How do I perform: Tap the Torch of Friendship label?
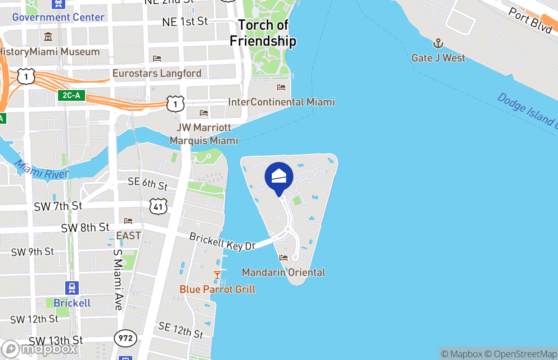(263, 33)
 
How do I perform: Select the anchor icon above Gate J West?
(438, 44)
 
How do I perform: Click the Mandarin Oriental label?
(283, 272)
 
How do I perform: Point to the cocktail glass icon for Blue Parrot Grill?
(217, 274)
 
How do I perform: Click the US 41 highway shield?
(159, 206)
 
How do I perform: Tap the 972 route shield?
(125, 338)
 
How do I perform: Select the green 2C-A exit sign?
(72, 95)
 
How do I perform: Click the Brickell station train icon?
(72, 288)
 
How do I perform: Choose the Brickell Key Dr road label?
(222, 242)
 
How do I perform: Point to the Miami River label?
(41, 169)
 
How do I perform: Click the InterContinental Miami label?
(281, 102)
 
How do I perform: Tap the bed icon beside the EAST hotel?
(128, 221)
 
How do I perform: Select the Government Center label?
(58, 17)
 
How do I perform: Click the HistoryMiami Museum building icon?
(48, 36)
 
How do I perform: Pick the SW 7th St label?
(58, 206)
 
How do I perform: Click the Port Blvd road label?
(530, 20)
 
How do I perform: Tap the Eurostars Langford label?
(157, 73)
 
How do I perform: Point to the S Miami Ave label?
(118, 279)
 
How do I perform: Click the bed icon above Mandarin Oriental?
(283, 258)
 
